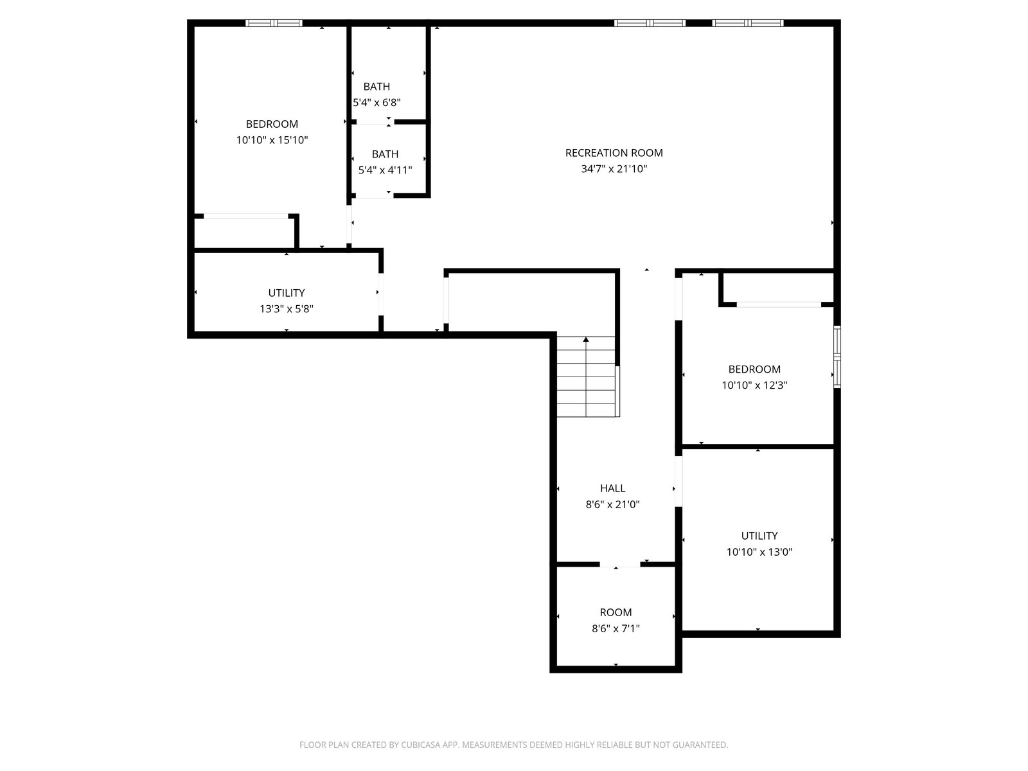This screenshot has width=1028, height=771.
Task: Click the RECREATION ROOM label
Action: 614,153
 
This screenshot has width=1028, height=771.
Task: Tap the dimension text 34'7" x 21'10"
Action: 614,168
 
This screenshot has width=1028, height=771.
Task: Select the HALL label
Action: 612,488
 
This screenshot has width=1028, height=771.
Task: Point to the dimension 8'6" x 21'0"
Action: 612,504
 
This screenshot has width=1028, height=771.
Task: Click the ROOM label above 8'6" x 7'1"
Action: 616,612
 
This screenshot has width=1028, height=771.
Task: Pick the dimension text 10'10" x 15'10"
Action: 272,140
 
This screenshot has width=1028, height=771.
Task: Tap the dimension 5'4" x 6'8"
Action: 377,103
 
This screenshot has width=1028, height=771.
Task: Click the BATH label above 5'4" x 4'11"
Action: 385,154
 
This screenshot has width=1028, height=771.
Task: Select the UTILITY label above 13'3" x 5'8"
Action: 286,293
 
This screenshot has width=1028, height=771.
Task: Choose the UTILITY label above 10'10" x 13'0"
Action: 759,536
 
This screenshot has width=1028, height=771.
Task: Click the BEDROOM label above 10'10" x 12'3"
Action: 754,369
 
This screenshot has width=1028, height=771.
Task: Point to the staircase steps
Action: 586,377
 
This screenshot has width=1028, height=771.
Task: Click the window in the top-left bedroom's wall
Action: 274,23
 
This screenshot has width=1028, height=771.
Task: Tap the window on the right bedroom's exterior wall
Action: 837,357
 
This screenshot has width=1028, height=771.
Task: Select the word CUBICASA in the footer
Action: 418,745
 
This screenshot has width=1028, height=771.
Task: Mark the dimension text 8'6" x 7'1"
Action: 616,628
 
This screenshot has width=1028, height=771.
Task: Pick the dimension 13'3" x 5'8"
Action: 286,309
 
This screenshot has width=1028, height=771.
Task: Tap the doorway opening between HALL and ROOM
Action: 620,565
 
